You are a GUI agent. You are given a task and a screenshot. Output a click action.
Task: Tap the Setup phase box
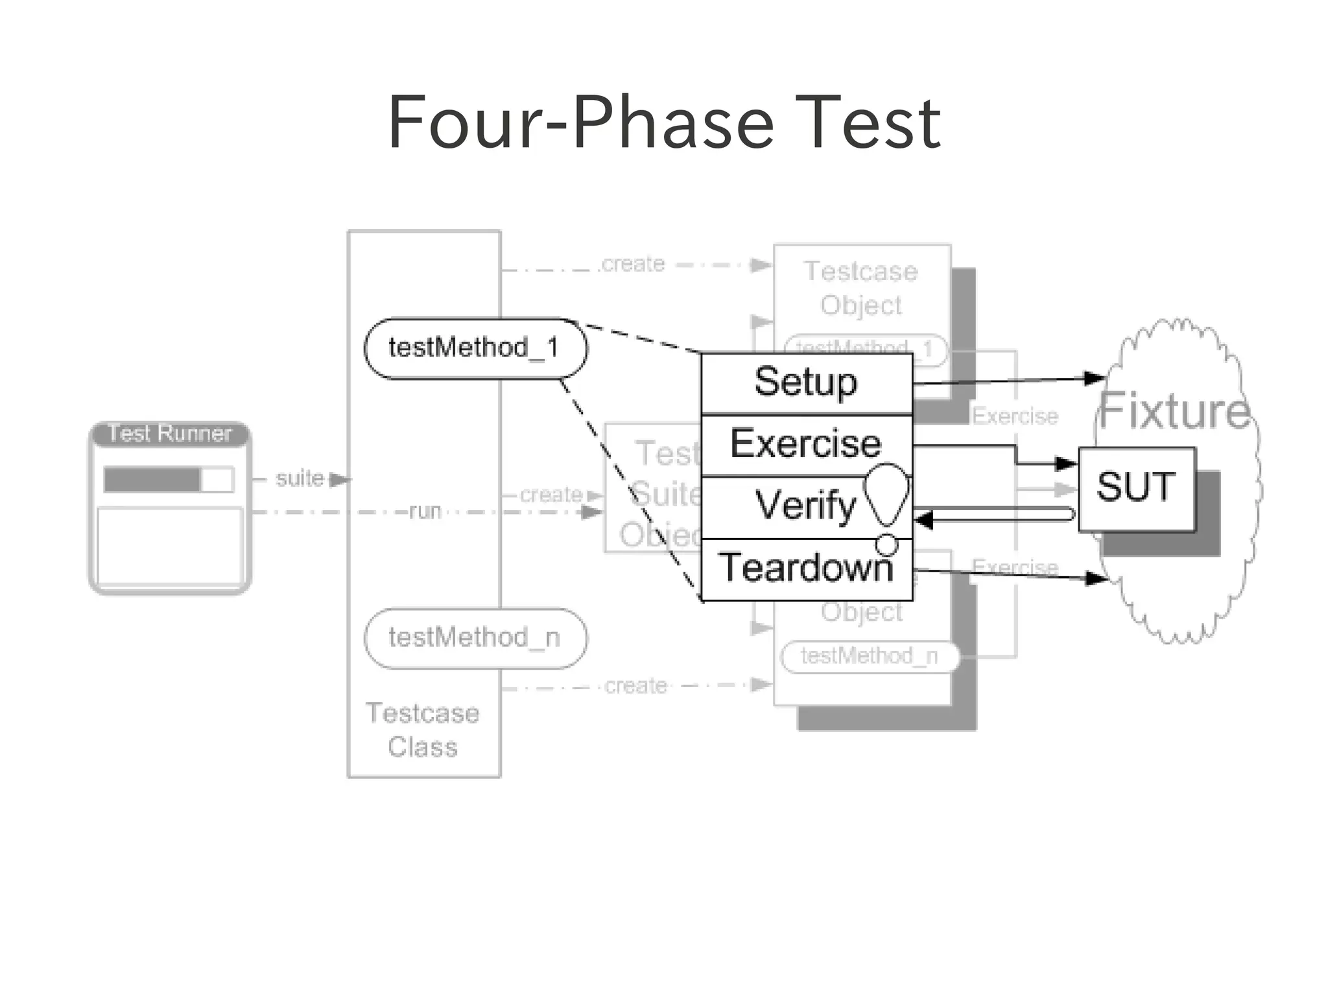point(806,382)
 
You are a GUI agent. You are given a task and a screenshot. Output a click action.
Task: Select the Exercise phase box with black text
point(806,445)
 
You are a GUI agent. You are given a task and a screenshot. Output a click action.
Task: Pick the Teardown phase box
point(806,568)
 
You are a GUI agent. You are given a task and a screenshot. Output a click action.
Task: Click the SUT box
point(1136,488)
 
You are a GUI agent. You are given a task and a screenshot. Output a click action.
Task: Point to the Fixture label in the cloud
point(1174,411)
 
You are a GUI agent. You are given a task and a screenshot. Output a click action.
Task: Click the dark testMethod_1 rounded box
point(475,348)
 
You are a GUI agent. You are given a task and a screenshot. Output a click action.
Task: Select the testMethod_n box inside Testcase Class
point(475,638)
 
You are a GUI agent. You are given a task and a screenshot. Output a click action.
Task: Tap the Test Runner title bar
point(169,434)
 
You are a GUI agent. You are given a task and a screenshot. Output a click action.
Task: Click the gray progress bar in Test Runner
point(152,480)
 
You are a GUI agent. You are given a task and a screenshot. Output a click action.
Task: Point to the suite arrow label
point(299,478)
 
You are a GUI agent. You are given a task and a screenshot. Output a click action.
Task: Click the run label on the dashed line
point(425,511)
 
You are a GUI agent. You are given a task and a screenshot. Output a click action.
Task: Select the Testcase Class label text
point(423,731)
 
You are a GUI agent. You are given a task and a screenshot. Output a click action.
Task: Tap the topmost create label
point(634,264)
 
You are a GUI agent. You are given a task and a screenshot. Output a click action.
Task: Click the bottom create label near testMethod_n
point(635,686)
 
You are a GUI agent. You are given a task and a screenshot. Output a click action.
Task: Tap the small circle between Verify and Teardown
point(886,544)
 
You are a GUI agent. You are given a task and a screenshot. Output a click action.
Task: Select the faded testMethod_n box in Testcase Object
point(869,656)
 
